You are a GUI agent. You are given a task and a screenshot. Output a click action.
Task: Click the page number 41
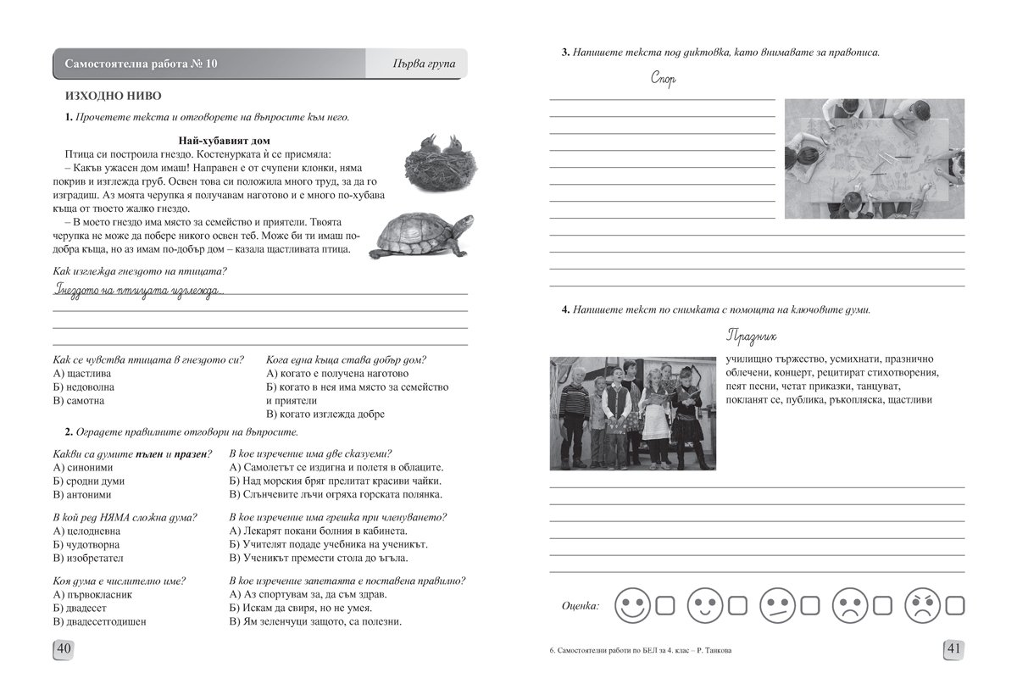click(953, 649)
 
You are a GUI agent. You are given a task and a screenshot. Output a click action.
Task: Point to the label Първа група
click(425, 64)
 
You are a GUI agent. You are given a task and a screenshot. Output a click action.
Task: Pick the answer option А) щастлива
click(82, 373)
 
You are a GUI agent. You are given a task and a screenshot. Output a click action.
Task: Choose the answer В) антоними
click(82, 494)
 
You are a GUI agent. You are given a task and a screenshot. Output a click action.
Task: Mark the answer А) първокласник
click(92, 594)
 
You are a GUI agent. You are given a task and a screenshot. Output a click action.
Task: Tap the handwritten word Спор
click(663, 81)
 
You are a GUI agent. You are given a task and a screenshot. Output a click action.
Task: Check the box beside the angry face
click(955, 605)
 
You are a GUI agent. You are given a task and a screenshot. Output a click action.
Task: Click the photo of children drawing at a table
click(874, 158)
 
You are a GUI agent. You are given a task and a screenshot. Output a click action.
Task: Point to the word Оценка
click(580, 605)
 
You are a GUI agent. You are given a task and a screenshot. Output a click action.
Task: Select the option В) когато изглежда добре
click(325, 414)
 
